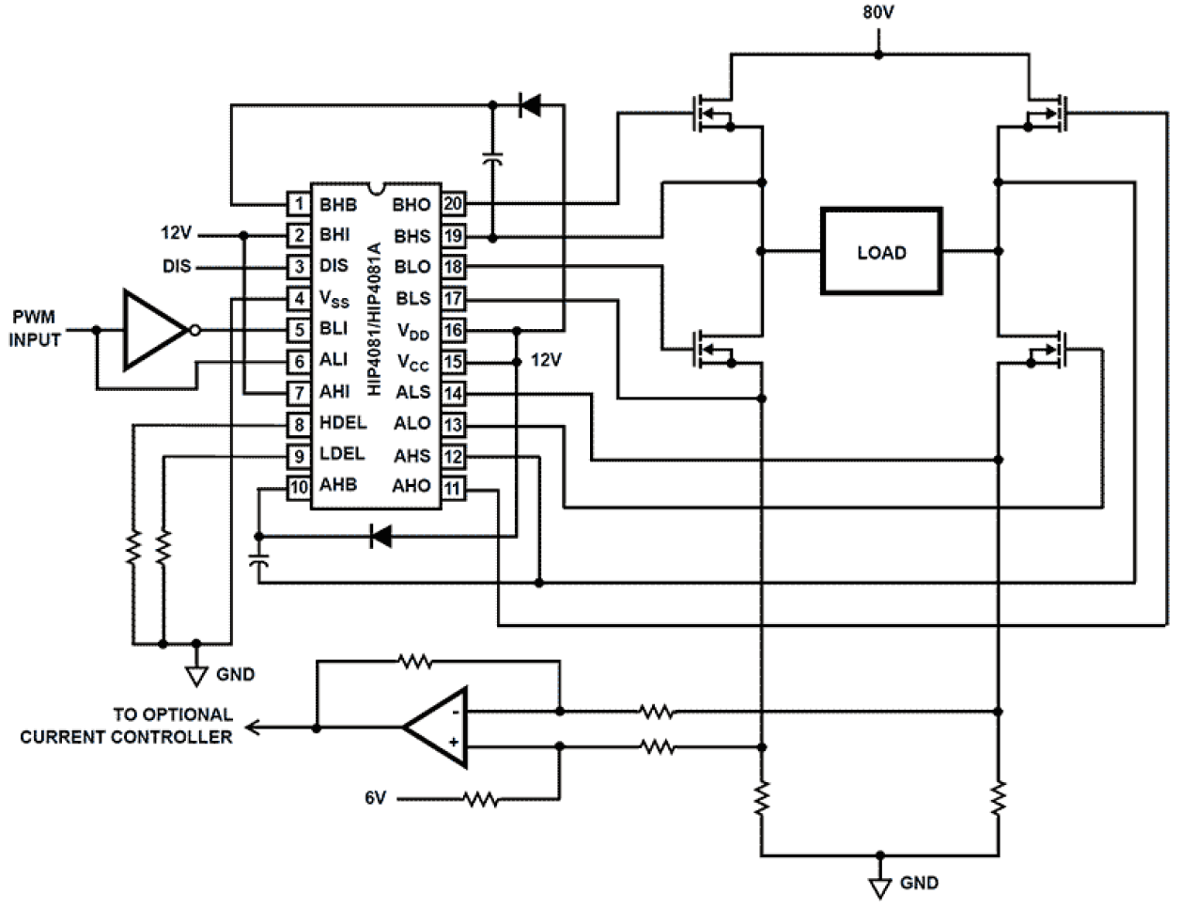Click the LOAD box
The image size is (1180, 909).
click(x=881, y=252)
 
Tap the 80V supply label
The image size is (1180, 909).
click(x=877, y=14)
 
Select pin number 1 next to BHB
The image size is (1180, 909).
click(x=299, y=204)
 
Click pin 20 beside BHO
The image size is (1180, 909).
click(x=453, y=204)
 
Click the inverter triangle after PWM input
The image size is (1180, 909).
click(x=156, y=330)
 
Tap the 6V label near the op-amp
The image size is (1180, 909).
click(x=375, y=798)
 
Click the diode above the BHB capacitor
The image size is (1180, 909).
click(x=531, y=105)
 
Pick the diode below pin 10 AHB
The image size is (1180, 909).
click(x=380, y=537)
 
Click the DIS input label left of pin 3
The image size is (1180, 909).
click(x=177, y=266)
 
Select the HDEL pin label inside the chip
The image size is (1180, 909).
click(x=343, y=423)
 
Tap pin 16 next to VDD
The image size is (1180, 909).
click(x=453, y=330)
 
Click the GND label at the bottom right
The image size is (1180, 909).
click(x=918, y=883)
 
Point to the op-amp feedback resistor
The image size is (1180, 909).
click(x=414, y=662)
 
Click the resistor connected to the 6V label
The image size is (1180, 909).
click(x=479, y=799)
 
